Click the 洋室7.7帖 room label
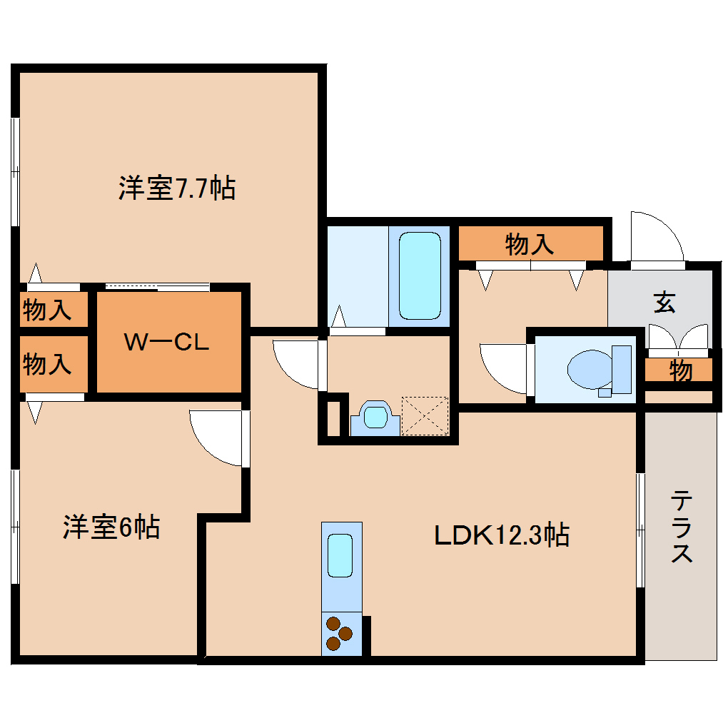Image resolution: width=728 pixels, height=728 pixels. (x=176, y=188)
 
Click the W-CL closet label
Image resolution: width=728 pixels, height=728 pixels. (x=167, y=343)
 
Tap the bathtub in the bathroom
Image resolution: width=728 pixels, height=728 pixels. (x=419, y=275)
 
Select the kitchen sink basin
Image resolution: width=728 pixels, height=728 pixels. (x=340, y=554)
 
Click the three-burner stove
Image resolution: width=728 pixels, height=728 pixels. (x=339, y=634)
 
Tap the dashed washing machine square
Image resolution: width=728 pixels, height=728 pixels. (x=425, y=415)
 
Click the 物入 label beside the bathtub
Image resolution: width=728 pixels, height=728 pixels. (x=529, y=245)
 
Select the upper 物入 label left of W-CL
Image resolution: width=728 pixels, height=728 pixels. (x=47, y=310)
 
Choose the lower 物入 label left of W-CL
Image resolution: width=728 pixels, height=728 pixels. (x=47, y=364)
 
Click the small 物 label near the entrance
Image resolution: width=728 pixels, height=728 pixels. (x=680, y=370)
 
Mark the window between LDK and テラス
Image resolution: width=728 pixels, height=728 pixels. (x=640, y=530)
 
